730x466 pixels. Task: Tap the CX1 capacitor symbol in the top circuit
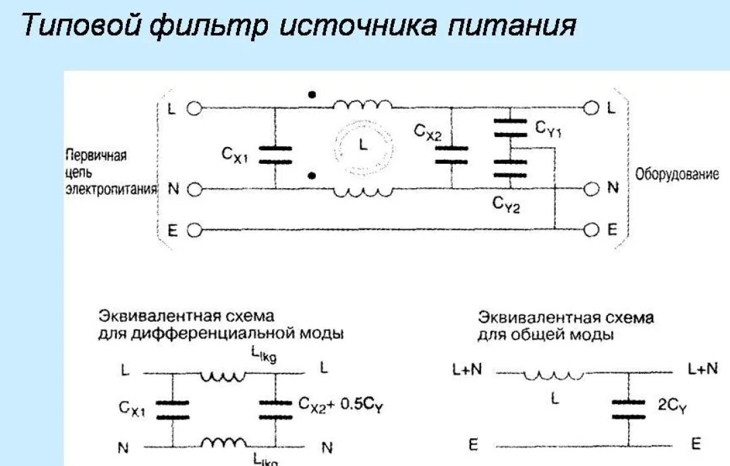[x=275, y=155]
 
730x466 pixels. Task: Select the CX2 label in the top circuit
[x=428, y=132]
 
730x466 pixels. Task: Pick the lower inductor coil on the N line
[x=362, y=192]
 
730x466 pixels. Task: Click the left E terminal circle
[x=194, y=230]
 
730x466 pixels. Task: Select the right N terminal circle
[x=592, y=189]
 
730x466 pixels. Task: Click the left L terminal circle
[x=194, y=107]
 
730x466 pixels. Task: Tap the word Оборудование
[x=677, y=175]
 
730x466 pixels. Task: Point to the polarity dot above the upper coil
[x=311, y=95]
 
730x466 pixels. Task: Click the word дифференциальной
[x=238, y=333]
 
